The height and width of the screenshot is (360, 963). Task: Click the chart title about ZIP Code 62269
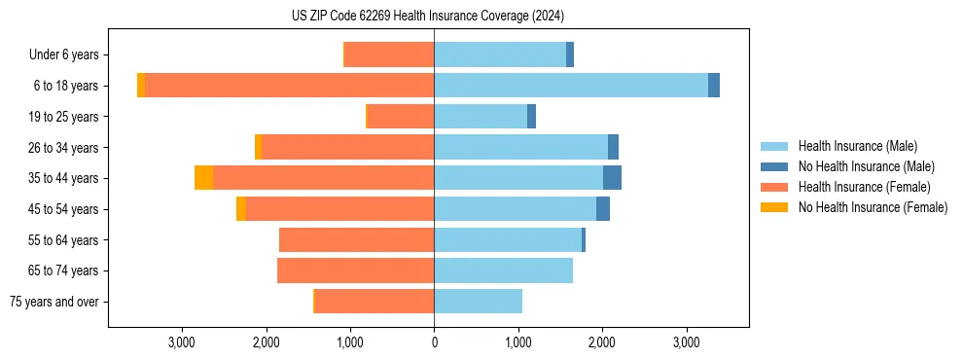[428, 16]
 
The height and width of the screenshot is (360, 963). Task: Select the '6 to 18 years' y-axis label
[66, 86]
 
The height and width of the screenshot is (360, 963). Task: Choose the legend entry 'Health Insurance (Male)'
[857, 146]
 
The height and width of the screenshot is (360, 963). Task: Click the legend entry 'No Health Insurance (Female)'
[873, 207]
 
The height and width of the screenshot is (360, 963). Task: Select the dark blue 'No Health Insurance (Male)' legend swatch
[774, 166]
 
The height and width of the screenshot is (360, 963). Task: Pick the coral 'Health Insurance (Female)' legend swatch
[774, 187]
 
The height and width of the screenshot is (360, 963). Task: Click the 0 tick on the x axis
[434, 342]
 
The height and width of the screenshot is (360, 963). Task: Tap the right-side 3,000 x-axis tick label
[686, 342]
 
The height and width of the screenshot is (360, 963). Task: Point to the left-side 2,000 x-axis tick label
[266, 342]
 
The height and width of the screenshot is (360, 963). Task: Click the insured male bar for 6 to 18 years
[570, 86]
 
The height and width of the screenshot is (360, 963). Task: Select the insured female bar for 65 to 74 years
[355, 270]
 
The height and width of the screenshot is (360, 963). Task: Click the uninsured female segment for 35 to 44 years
[203, 178]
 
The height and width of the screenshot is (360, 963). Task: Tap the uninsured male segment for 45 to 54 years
[603, 209]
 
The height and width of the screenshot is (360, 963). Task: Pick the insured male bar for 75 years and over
[478, 302]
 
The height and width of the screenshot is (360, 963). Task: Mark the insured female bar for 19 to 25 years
[401, 117]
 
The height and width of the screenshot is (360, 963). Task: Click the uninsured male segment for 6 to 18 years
[714, 86]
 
